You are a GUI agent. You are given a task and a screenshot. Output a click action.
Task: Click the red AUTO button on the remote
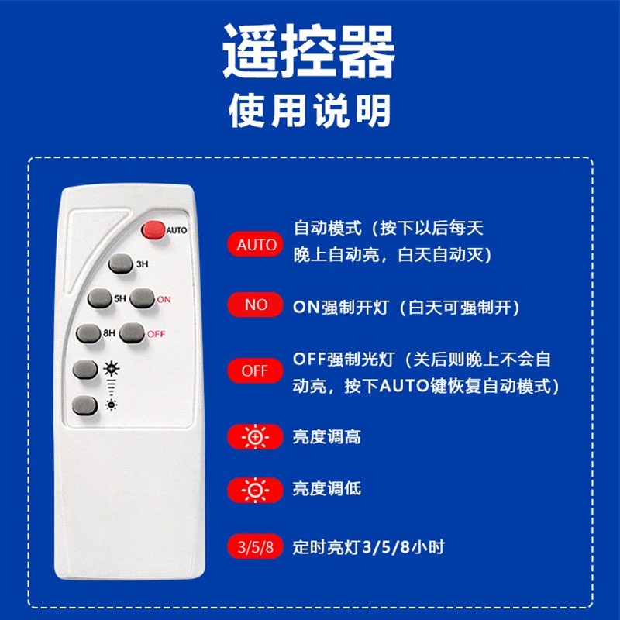153,230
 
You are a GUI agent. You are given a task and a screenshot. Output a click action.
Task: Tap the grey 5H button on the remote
100,298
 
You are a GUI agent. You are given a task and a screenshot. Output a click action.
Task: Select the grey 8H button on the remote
88,334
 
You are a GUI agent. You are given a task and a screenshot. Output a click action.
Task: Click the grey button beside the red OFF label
132,333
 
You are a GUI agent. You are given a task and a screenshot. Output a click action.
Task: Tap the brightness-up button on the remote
85,370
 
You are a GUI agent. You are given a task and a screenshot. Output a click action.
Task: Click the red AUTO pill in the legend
256,244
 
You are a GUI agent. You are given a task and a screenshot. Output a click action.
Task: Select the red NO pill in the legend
256,305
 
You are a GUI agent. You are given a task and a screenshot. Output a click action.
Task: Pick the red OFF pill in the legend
256,370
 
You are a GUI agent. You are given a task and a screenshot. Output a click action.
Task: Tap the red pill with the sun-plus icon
256,436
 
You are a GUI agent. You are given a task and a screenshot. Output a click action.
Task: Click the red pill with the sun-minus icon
256,491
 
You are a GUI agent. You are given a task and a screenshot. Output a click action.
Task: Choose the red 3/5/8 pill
256,547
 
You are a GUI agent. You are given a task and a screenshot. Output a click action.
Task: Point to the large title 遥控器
308,50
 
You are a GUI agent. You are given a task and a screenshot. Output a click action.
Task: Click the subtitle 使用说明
309,111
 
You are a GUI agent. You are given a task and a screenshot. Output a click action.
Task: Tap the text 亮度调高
326,437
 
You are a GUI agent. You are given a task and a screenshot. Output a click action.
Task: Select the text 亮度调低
326,489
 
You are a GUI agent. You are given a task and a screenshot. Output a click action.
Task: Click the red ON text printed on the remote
164,300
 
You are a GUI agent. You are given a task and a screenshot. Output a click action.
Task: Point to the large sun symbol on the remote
112,369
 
